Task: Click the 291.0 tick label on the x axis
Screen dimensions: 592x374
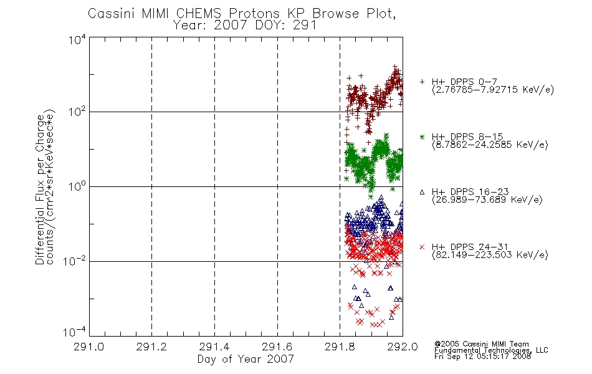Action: (x=88, y=347)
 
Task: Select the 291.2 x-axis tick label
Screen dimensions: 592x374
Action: (x=151, y=347)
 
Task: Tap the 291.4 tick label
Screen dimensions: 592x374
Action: (x=214, y=347)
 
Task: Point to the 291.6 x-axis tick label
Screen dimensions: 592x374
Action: (x=277, y=347)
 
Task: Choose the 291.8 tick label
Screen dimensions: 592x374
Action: (x=340, y=347)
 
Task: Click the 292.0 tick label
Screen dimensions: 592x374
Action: (x=403, y=347)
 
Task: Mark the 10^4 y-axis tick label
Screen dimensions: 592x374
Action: (x=77, y=40)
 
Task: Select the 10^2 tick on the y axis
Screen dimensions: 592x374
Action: (x=77, y=112)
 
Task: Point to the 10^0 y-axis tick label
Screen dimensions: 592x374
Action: (x=77, y=186)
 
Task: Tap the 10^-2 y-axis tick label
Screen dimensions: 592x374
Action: (x=74, y=261)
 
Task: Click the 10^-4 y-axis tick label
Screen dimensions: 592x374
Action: (x=74, y=332)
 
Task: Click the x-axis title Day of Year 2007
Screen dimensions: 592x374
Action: (x=246, y=359)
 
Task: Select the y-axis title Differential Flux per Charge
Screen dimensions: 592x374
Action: (x=40, y=190)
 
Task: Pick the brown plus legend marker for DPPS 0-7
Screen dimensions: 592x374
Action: (x=422, y=82)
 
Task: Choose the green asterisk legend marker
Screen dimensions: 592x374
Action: (x=422, y=137)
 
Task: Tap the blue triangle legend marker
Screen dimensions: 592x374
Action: (x=422, y=192)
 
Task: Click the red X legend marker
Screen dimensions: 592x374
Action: (x=422, y=247)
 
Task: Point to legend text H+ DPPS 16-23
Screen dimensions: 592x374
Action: (x=470, y=191)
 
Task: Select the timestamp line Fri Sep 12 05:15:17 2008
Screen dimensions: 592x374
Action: (x=482, y=357)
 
